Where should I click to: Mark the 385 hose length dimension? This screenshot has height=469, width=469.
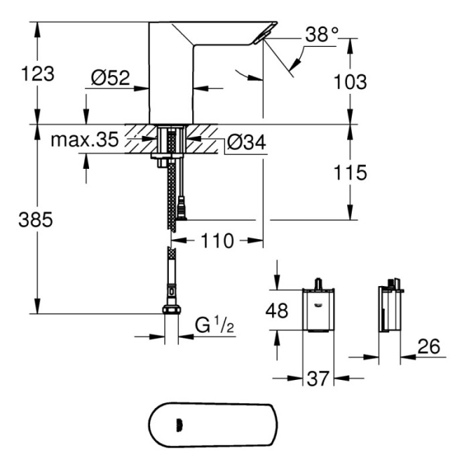point(38,220)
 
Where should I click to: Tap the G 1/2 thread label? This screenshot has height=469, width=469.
point(213,326)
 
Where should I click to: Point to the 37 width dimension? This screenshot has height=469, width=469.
point(319,379)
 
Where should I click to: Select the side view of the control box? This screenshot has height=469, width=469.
point(390,308)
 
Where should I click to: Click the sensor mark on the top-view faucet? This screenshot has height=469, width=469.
point(178,423)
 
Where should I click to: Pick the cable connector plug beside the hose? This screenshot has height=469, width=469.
point(182,208)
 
